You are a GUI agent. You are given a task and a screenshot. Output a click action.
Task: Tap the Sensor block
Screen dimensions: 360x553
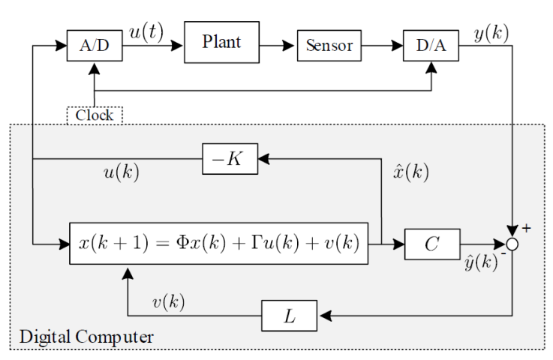pos(328,46)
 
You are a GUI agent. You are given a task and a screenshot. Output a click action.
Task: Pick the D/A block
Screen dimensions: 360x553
pos(430,46)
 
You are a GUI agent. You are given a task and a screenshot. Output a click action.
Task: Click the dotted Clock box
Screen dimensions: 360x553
pos(95,115)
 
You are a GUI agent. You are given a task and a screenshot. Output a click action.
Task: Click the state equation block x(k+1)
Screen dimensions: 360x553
pos(220,243)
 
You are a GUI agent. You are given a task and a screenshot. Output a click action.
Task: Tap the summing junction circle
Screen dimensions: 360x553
pos(512,243)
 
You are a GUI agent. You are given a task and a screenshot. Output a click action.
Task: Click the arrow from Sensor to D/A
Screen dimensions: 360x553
pos(382,46)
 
